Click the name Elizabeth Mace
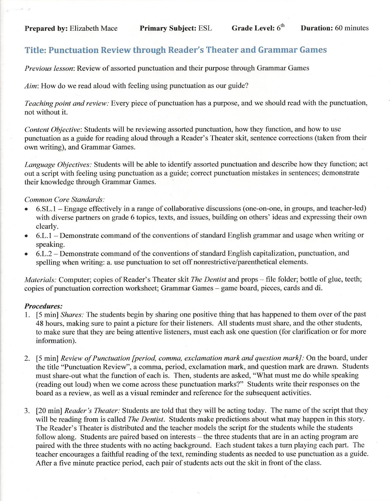coord(93,28)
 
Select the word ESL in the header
coord(205,28)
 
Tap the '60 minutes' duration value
coord(352,28)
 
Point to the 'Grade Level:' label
coord(253,28)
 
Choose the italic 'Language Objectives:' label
coord(58,164)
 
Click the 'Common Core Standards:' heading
coord(64,199)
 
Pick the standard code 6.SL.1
coord(46,209)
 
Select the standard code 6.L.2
coord(44,254)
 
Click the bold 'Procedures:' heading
coord(43,306)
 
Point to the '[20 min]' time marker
coord(49,411)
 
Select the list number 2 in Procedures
coord(27,358)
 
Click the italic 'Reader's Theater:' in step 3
coord(92,411)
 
